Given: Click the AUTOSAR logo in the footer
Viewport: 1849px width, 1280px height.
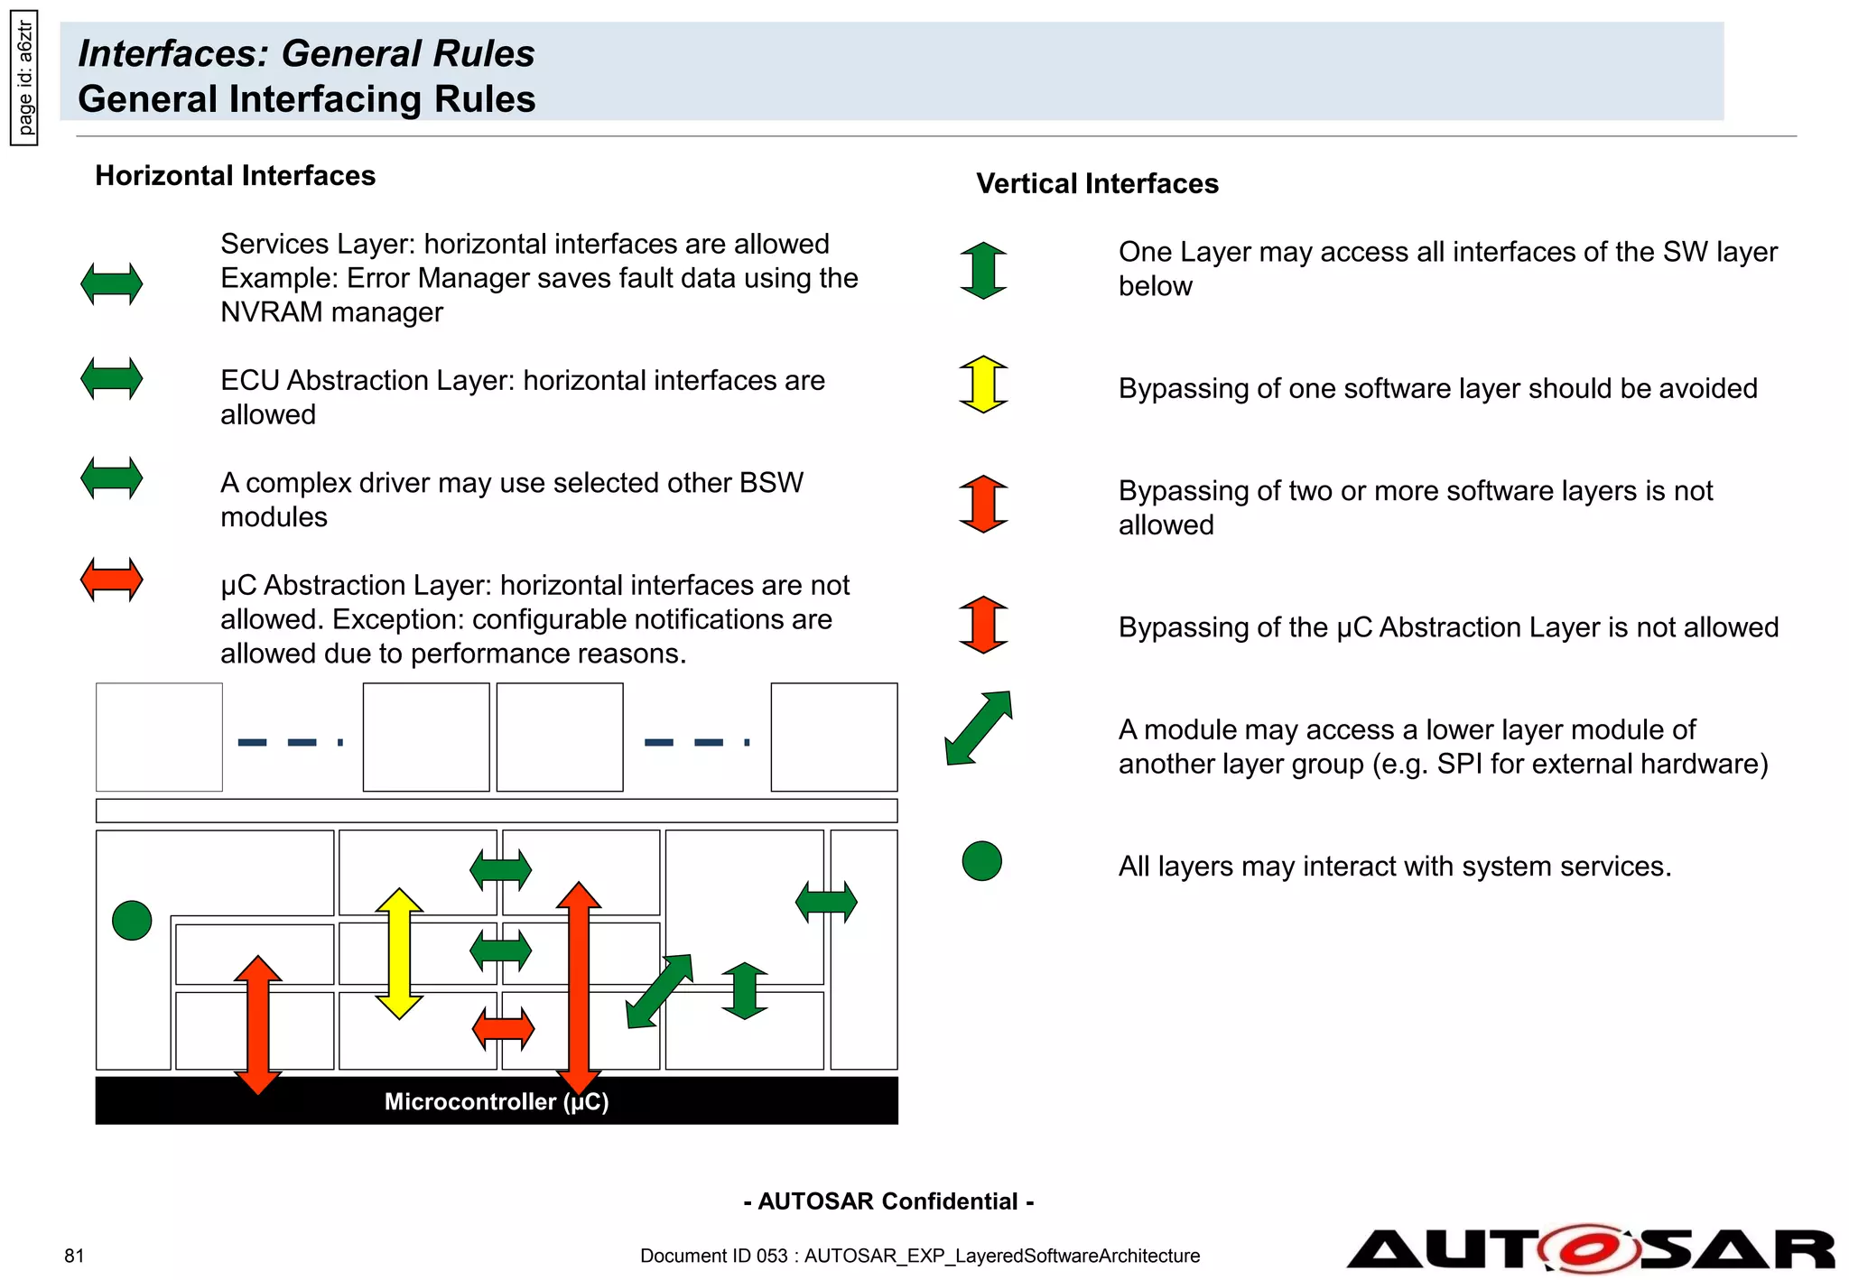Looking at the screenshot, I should click(x=1591, y=1249).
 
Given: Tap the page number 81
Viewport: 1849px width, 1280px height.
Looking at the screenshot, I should click(x=74, y=1256).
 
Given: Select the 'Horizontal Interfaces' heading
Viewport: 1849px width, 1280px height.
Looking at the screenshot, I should click(x=235, y=175).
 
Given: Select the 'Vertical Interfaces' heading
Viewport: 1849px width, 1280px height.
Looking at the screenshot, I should click(x=1097, y=183).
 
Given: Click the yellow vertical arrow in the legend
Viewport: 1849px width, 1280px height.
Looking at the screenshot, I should click(x=983, y=385).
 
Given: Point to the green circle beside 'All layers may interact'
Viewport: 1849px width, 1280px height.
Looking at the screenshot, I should click(x=982, y=861).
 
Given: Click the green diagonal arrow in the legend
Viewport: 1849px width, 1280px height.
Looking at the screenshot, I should click(x=979, y=728).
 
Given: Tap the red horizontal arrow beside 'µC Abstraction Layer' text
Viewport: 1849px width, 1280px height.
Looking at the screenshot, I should click(x=112, y=580).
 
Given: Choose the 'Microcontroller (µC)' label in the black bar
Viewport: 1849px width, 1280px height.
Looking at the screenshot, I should click(x=497, y=1101).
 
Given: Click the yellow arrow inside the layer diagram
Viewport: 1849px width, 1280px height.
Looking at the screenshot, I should click(x=399, y=953).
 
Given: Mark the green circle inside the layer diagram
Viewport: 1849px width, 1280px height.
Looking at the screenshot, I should click(x=132, y=921).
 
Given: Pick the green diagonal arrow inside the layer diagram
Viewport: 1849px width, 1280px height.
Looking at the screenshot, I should click(x=660, y=991).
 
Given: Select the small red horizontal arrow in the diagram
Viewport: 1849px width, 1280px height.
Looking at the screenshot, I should click(x=503, y=1028).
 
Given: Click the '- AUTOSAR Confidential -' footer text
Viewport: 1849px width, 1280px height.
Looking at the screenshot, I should click(x=888, y=1201).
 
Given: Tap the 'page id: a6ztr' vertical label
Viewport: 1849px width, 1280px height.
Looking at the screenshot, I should click(x=25, y=78).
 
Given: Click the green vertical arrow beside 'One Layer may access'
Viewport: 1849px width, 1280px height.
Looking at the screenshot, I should click(x=983, y=271).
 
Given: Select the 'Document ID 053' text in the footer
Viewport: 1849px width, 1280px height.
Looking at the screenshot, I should click(x=714, y=1256).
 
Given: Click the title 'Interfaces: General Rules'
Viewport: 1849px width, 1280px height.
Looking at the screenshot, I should click(x=306, y=53).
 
